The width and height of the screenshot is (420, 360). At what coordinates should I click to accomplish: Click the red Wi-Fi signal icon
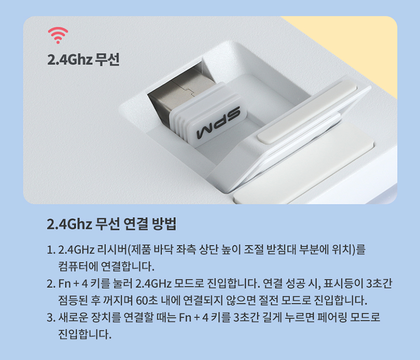(x=58, y=35)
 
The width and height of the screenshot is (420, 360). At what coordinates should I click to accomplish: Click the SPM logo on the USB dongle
(x=218, y=123)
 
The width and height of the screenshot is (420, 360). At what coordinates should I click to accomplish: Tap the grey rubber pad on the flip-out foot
(x=307, y=113)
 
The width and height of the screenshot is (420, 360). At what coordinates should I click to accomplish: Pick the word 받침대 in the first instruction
(x=281, y=250)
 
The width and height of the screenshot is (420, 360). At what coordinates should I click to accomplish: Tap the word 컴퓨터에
(x=78, y=266)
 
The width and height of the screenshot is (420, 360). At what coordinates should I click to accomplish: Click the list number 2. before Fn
(x=51, y=283)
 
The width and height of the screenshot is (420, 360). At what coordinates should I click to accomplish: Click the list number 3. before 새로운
(x=51, y=318)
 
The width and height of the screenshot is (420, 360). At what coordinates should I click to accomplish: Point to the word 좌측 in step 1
(x=186, y=250)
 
